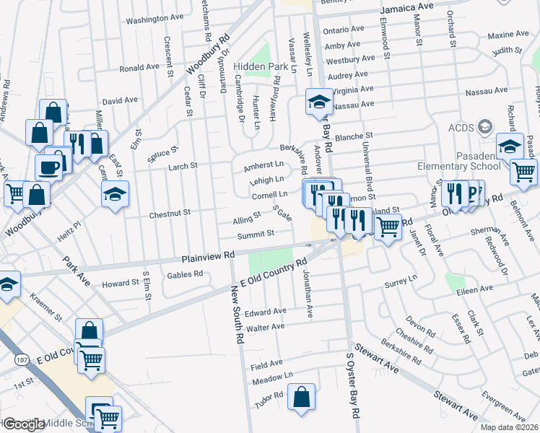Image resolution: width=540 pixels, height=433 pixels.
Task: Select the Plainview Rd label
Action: click(x=209, y=255)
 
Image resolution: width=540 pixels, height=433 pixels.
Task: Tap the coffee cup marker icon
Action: click(x=49, y=168)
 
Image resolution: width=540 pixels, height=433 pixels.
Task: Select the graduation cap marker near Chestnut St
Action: click(x=115, y=194)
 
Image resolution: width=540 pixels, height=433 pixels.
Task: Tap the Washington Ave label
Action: click(x=152, y=19)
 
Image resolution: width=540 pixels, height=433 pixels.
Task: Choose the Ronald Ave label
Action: click(x=139, y=67)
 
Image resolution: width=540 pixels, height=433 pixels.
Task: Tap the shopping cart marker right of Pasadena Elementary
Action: click(x=523, y=172)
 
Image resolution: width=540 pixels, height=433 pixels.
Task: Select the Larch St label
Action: click(x=183, y=166)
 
